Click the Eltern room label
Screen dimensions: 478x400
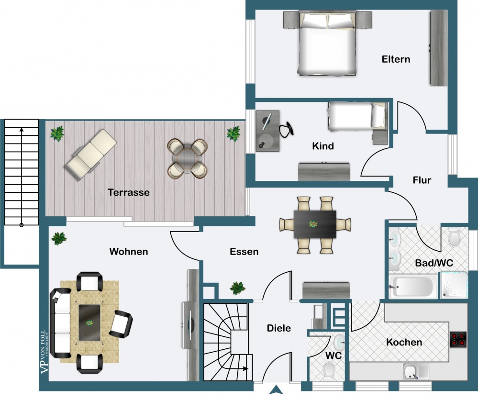(x=396, y=59)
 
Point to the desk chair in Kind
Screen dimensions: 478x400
(x=287, y=129)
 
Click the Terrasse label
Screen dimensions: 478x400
(x=128, y=192)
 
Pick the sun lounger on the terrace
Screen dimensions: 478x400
(x=91, y=155)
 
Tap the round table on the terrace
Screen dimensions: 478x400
(x=187, y=158)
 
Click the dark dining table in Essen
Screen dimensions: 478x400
(x=315, y=224)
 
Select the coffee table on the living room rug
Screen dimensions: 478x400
(x=89, y=322)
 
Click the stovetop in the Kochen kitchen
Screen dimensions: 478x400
(x=458, y=339)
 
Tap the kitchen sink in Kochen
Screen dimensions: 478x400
(x=416, y=372)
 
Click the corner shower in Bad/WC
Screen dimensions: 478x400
(x=454, y=285)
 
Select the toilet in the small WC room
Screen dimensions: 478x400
(x=329, y=370)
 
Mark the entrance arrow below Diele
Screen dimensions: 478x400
(x=276, y=390)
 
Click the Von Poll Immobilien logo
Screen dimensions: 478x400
(x=44, y=352)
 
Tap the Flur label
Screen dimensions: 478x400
(x=422, y=180)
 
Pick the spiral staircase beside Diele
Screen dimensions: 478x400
(x=228, y=342)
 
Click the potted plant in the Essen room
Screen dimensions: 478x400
(x=237, y=288)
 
